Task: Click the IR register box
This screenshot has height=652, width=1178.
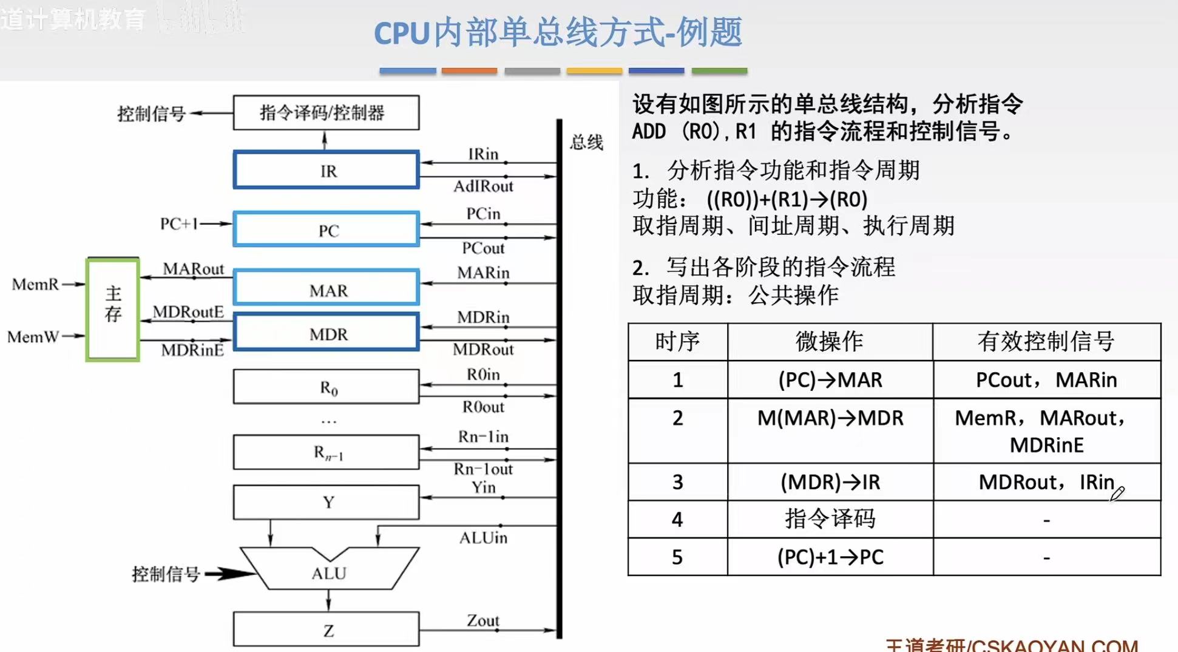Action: point(327,170)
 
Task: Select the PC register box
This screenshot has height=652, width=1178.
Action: point(327,229)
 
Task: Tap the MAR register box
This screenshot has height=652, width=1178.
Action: point(327,288)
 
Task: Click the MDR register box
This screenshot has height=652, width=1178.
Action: point(327,333)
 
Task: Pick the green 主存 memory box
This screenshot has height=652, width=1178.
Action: point(113,310)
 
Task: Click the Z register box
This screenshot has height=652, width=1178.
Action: point(327,630)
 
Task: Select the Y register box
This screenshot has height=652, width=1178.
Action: point(327,502)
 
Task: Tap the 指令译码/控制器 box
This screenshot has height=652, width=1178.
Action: point(326,113)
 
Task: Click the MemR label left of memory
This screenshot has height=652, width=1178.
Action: point(35,284)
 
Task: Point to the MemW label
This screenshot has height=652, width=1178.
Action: point(33,336)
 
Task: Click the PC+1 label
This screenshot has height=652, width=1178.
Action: point(178,224)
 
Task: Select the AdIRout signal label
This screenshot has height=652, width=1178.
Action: point(483,186)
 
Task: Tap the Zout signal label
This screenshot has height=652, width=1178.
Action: point(482,620)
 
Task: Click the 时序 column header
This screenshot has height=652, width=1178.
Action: point(677,342)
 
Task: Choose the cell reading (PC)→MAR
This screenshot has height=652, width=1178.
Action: point(830,380)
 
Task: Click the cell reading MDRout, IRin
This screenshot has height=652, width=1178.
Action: point(1046,482)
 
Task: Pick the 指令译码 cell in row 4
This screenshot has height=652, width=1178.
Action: point(830,519)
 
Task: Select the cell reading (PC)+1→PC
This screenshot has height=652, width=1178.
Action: point(830,557)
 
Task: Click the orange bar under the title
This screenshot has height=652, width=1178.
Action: point(469,71)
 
